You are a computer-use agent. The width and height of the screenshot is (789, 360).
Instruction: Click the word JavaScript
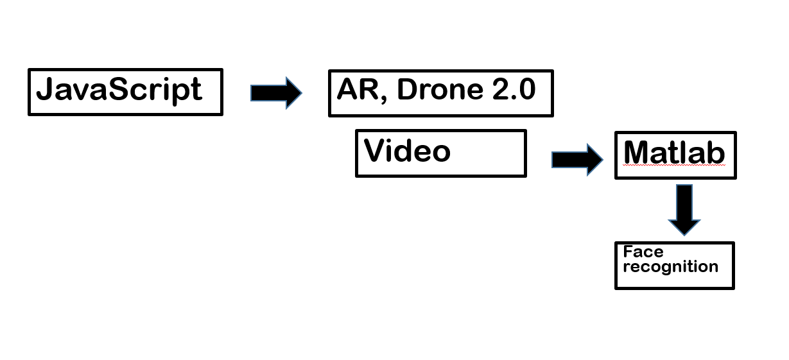[119, 90]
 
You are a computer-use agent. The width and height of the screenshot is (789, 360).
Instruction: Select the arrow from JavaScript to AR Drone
[275, 92]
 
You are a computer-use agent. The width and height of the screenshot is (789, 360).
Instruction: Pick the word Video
[407, 151]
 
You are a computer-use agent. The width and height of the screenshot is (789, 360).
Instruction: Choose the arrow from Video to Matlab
[577, 159]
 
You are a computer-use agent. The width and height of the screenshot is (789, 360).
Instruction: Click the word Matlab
[674, 153]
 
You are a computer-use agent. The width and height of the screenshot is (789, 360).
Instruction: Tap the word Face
[643, 252]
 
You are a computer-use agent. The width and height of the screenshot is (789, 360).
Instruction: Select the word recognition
[670, 267]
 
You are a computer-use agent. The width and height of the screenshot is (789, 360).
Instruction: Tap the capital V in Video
[375, 151]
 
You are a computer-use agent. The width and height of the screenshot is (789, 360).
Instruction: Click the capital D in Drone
[407, 90]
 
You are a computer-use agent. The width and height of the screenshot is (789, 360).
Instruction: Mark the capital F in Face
[628, 252]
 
